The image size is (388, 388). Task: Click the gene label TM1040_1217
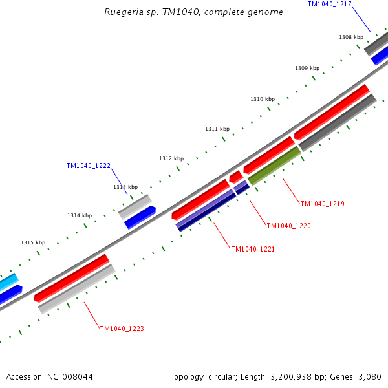(x=329, y=4)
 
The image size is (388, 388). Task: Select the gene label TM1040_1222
(x=88, y=166)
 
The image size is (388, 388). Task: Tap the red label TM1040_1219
(x=322, y=204)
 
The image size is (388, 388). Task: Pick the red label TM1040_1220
(x=288, y=226)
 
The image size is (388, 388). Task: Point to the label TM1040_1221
(x=253, y=249)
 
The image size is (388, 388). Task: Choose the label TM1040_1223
(x=122, y=329)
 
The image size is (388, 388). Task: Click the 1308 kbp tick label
(x=351, y=37)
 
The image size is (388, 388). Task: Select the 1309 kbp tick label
(x=307, y=68)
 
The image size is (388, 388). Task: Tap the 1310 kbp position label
(x=263, y=99)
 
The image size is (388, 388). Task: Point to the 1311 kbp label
(x=217, y=129)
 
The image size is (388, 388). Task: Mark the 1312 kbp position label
(x=171, y=158)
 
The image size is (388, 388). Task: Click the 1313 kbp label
(x=125, y=187)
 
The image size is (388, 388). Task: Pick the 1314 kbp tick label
(x=80, y=215)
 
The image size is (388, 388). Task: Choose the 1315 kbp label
(x=33, y=242)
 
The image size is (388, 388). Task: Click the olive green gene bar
(x=274, y=166)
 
